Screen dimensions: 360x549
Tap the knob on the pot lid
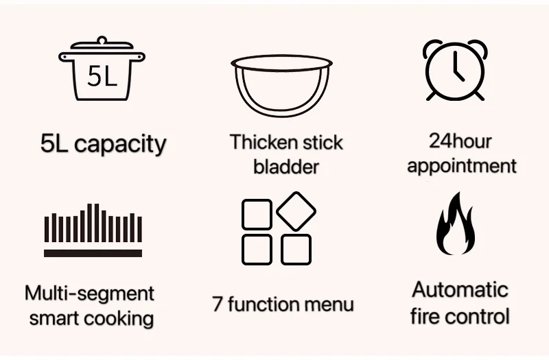point(102,40)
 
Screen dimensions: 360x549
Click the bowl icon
point(281,86)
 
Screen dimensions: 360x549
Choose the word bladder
point(286,167)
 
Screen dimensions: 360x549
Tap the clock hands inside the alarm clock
point(456,67)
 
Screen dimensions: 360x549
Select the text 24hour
point(460,141)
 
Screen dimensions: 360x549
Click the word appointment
point(461,165)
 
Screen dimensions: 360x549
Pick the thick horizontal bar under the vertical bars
point(93,252)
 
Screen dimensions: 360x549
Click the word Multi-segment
point(89,293)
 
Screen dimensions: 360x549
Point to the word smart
point(58,318)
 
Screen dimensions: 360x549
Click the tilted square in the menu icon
point(296,211)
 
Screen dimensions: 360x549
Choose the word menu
point(329,304)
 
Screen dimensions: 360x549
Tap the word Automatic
point(460,289)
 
